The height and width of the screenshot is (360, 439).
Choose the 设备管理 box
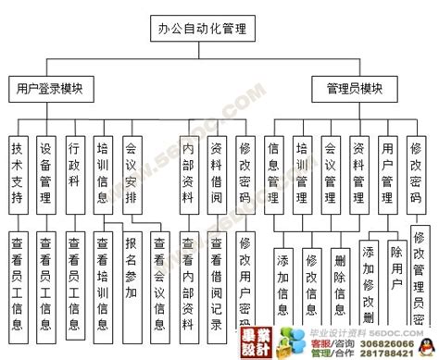tap(45, 172)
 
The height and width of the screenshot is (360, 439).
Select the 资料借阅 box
tap(217, 172)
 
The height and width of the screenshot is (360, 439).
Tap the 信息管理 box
tap(274, 172)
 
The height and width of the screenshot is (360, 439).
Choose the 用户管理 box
tap(387, 172)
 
